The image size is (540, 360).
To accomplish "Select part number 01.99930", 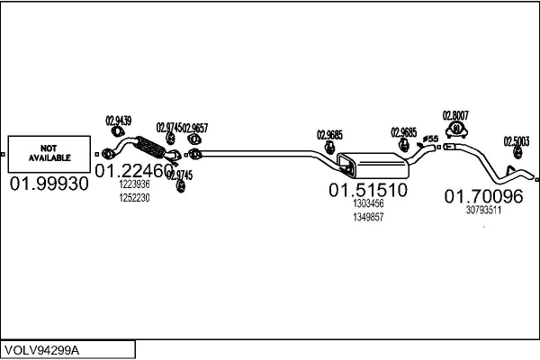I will click(49, 184).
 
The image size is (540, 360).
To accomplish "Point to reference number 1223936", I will click(134, 185).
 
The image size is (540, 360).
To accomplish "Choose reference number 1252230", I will click(134, 198).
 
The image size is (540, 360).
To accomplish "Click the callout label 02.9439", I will click(118, 121).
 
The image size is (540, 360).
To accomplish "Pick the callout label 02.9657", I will click(194, 128).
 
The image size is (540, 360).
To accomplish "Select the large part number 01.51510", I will click(367, 190).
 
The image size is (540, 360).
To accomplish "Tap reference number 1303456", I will click(367, 204).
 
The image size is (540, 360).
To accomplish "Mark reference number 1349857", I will click(367, 217).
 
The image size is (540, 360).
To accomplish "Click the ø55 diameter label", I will click(431, 138).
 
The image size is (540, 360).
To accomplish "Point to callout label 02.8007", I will click(454, 114).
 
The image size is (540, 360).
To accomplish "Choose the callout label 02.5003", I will click(516, 140).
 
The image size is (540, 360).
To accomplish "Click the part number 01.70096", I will click(483, 195).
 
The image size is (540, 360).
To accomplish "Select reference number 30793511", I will click(483, 210).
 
